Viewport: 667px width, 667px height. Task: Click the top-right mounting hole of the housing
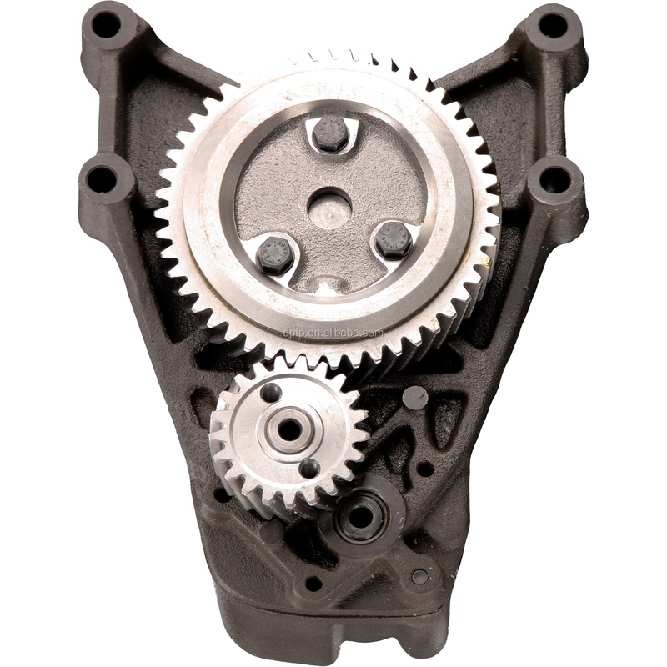(553, 24)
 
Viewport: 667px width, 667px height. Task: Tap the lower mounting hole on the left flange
(102, 178)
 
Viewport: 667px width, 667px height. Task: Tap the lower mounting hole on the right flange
(554, 178)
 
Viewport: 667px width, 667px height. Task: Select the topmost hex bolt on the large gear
(331, 133)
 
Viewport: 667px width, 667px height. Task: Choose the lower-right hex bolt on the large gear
(393, 240)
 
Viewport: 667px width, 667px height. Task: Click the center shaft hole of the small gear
(289, 429)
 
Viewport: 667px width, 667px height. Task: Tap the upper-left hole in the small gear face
(270, 392)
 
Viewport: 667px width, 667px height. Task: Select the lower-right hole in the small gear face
(308, 468)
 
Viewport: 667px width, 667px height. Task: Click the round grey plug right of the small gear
(414, 398)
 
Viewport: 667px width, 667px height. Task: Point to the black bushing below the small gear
(360, 516)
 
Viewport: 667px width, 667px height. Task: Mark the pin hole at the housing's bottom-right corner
(419, 576)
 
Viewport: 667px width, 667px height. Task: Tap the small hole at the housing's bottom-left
(313, 583)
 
